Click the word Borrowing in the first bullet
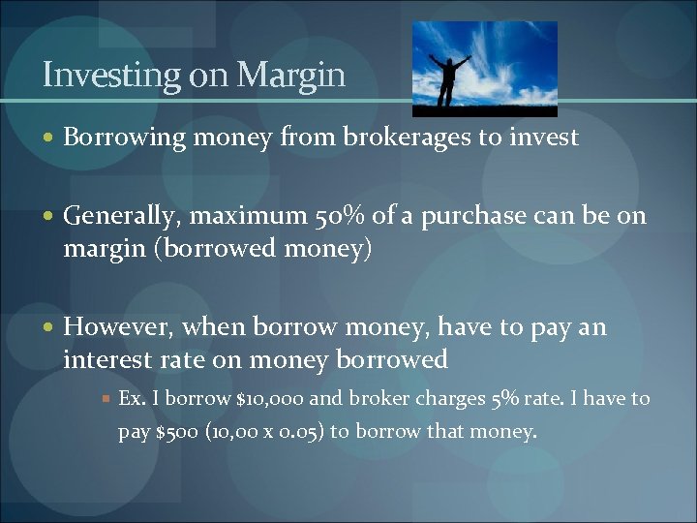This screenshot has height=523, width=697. tap(124, 138)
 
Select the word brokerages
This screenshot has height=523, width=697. tap(403, 138)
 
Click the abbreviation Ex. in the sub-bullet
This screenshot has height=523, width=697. tap(130, 399)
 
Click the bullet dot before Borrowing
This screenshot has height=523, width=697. tap(50, 138)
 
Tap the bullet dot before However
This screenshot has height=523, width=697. tap(50, 328)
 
